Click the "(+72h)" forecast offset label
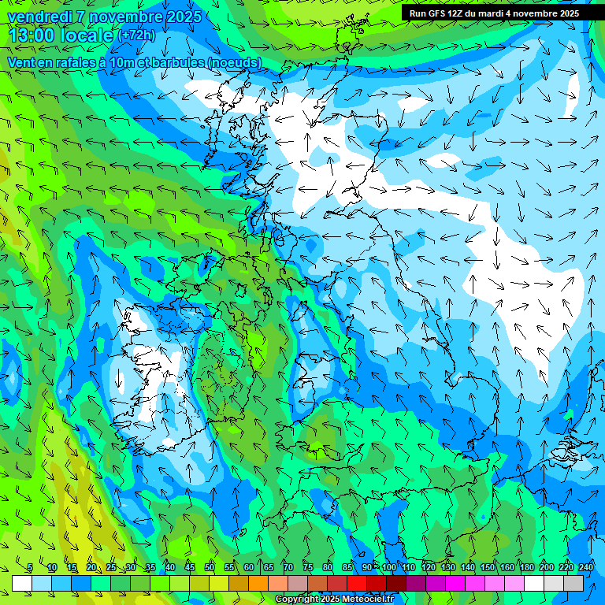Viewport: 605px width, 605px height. pyautogui.click(x=136, y=35)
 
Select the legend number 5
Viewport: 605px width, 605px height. pyautogui.click(x=29, y=568)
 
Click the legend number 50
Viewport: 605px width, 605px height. pyautogui.click(x=210, y=568)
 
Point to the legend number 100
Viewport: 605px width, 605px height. pyautogui.click(x=389, y=568)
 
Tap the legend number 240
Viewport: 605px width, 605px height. pyautogui.click(x=586, y=568)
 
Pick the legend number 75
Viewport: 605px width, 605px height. pyautogui.click(x=308, y=568)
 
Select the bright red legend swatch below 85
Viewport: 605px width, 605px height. pyautogui.click(x=357, y=583)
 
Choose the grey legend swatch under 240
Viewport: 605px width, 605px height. pyautogui.click(x=573, y=583)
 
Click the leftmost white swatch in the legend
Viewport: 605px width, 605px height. pyautogui.click(x=22, y=583)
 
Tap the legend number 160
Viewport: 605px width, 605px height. pyautogui.click(x=507, y=568)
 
